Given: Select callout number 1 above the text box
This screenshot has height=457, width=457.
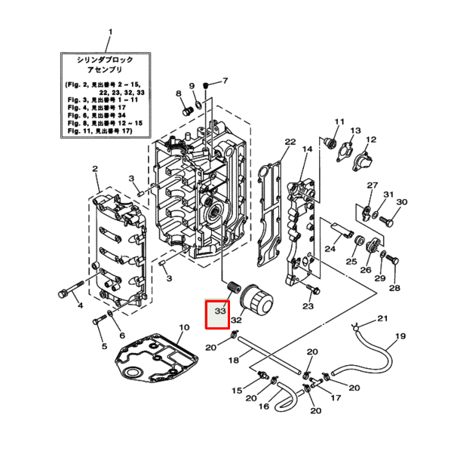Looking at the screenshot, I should coord(111,32).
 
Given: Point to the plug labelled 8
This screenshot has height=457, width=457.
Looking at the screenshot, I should coord(186,111).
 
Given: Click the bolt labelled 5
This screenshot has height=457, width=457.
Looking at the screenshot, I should coord(98,322).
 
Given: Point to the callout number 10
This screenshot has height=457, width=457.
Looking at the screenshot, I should coord(182,328).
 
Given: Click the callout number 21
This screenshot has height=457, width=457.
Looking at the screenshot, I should coord(382,318).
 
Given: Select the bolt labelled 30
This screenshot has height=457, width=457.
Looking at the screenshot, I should coord(387,220).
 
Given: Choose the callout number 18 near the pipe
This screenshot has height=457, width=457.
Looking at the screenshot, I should coord(234,360).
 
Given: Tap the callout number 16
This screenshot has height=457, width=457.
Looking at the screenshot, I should coord(263,406).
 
